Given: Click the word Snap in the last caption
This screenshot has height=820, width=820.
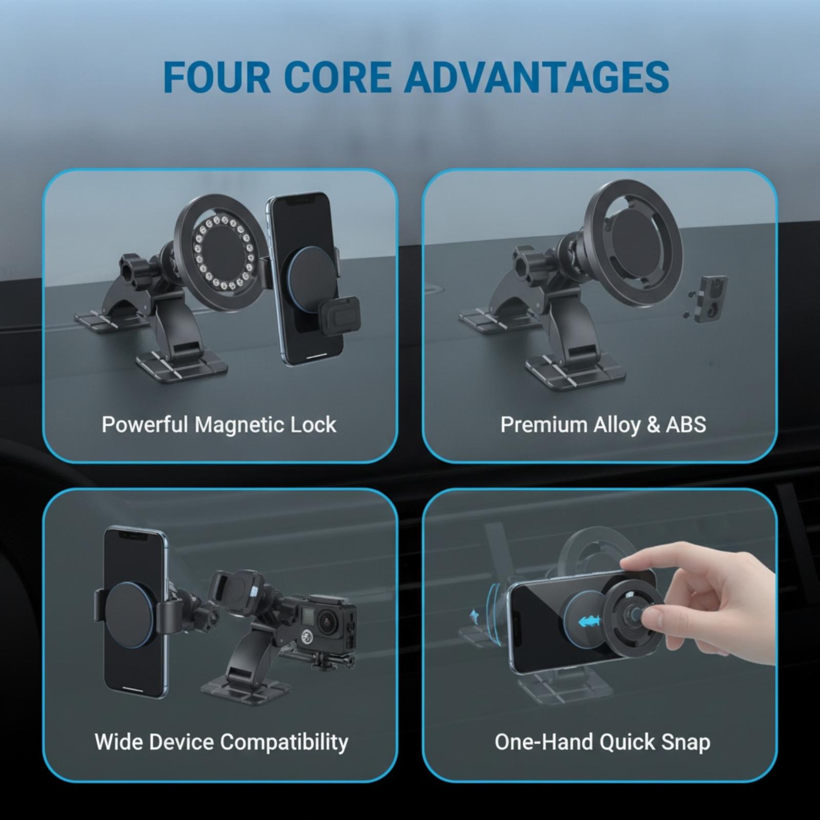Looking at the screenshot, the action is (x=686, y=743).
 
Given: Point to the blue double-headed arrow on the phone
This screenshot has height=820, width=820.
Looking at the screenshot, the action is (x=588, y=622).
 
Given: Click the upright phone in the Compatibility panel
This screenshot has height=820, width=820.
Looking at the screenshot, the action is (x=135, y=612).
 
